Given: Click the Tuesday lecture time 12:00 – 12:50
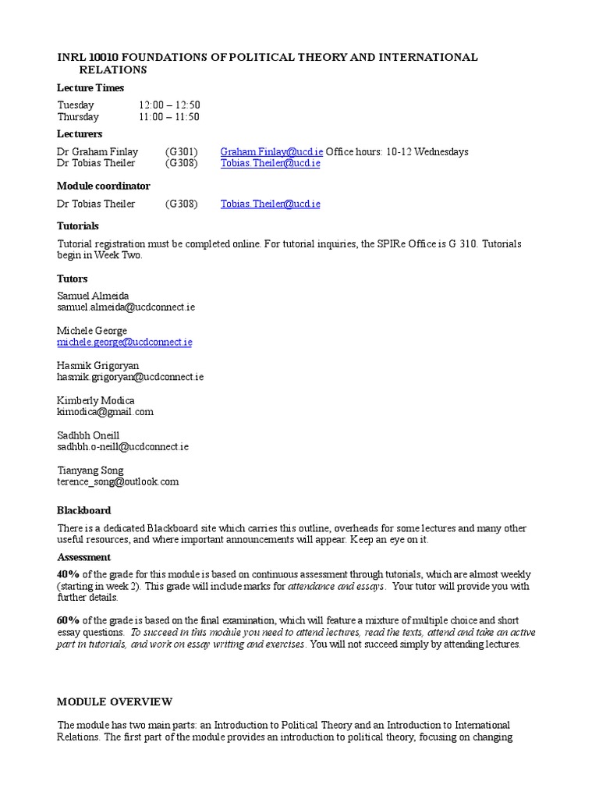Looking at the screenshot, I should point(169,105).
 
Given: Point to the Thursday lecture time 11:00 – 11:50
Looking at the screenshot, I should point(169,117).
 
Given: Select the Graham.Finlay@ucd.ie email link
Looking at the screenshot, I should point(271,151).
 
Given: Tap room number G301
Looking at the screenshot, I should point(181,151).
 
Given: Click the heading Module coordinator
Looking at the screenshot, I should point(103,186).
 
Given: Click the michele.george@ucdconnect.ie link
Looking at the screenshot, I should point(124,342).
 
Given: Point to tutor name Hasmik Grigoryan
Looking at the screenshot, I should point(98,365).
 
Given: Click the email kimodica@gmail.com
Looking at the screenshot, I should point(105,411).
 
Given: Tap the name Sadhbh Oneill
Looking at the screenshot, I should point(88,435).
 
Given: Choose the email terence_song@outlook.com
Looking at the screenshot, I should point(118,481).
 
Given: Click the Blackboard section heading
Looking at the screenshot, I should point(83,510).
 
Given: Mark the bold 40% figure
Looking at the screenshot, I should point(69,574).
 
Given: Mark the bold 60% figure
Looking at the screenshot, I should point(69,620).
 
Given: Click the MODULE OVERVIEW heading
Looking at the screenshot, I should point(115,702).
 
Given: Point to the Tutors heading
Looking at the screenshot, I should point(72,279).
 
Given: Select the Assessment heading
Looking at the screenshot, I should point(83,557).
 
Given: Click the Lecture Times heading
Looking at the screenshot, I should point(90,87).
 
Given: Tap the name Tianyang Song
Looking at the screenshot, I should point(90,470).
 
